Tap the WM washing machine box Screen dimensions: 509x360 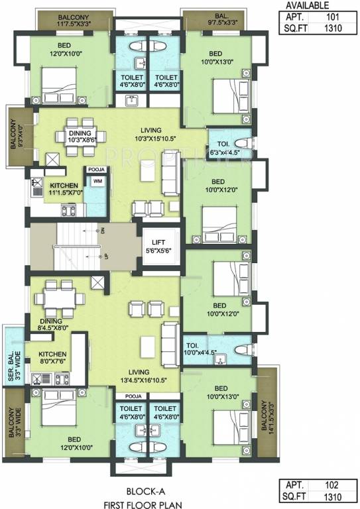pos(97,181)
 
